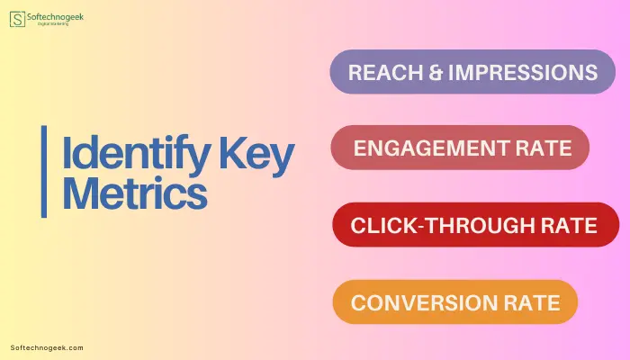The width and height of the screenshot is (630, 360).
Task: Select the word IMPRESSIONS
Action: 523,72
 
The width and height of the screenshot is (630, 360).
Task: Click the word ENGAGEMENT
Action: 431,148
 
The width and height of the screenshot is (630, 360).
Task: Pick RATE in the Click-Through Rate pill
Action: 569,225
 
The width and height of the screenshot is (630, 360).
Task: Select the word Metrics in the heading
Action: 135,193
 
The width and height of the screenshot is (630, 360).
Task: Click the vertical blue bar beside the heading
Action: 44,172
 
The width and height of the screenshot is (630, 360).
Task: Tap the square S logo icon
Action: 17,19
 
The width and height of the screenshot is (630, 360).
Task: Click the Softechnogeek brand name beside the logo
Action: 55,17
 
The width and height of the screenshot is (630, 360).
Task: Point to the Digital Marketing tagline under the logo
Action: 53,24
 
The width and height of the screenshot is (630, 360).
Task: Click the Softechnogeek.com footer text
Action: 47,348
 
